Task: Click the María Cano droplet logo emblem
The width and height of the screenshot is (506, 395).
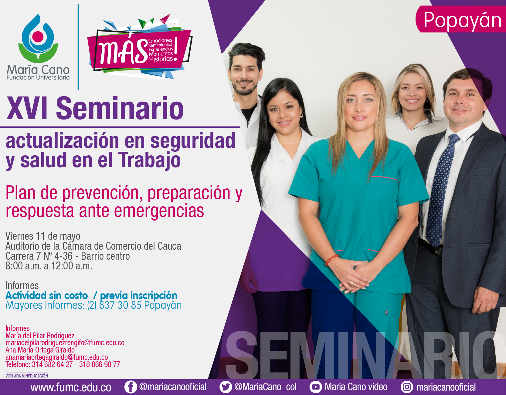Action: (x=38, y=38)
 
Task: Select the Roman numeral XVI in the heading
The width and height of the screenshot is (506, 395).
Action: (x=28, y=109)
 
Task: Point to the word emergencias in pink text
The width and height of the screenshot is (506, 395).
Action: (x=159, y=211)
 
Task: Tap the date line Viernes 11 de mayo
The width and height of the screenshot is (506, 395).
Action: (x=43, y=236)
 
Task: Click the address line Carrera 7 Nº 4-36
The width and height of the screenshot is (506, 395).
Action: (x=39, y=256)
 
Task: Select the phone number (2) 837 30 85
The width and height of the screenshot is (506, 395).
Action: (x=114, y=305)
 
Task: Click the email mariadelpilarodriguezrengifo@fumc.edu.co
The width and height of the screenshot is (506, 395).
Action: (x=65, y=343)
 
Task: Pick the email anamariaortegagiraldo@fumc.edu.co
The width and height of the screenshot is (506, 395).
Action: (x=57, y=357)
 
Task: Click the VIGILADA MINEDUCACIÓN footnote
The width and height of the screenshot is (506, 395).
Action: (x=27, y=376)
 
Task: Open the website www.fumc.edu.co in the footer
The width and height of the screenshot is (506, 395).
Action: (x=71, y=387)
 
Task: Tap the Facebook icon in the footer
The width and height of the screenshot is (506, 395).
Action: (x=131, y=387)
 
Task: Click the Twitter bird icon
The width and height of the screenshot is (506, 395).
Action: (x=226, y=387)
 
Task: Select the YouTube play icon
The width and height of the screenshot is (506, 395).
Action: (x=316, y=387)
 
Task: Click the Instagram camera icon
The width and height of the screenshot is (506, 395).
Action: (x=407, y=387)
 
